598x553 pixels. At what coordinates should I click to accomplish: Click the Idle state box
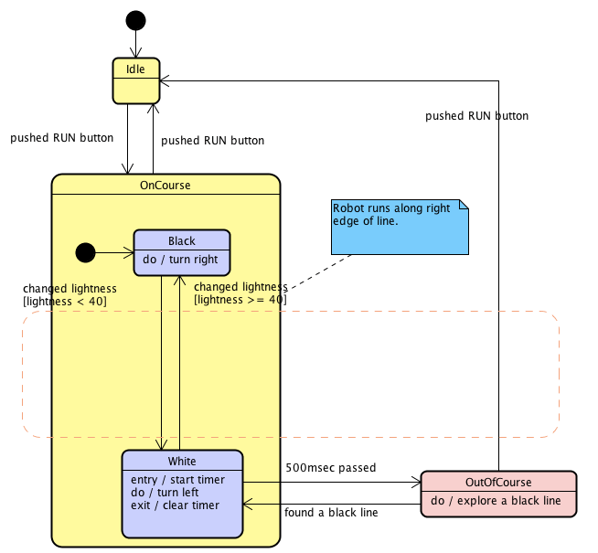tap(135, 80)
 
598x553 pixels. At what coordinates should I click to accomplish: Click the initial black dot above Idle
tap(135, 20)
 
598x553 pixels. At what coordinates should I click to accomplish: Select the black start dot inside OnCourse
tap(85, 251)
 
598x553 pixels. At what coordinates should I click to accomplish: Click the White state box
tap(182, 493)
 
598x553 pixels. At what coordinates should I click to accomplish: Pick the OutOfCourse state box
tap(498, 494)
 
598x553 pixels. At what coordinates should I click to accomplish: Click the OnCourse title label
tap(166, 185)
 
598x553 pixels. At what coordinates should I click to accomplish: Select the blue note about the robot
tap(400, 228)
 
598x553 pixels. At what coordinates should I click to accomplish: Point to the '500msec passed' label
tap(331, 468)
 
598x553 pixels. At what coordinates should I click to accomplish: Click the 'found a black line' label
tap(331, 513)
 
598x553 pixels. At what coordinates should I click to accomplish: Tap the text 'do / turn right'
tap(182, 260)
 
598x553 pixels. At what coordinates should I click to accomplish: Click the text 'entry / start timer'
tap(177, 480)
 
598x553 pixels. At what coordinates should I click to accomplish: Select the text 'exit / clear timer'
tap(176, 505)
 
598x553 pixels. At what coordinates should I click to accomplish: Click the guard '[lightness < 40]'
tap(65, 301)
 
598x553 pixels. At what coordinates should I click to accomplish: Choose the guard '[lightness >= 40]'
tap(240, 299)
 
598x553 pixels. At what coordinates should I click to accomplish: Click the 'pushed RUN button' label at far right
tap(476, 116)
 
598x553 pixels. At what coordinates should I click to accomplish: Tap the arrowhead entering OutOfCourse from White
tap(417, 482)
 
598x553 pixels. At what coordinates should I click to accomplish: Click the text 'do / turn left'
tap(166, 493)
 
